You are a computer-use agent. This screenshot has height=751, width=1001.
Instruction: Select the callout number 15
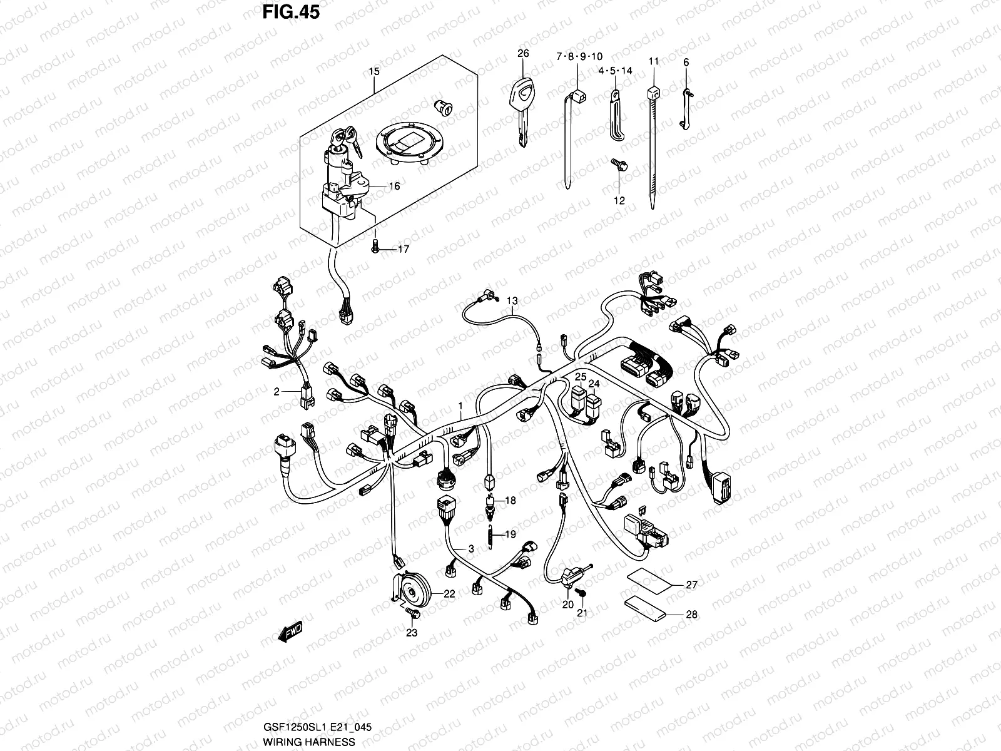(373, 72)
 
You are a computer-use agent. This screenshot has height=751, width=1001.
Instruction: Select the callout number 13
(512, 301)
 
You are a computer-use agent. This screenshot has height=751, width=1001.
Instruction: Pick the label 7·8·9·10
(579, 57)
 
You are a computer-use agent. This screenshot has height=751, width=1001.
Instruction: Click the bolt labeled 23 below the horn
(410, 611)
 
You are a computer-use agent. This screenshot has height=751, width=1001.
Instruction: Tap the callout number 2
(276, 392)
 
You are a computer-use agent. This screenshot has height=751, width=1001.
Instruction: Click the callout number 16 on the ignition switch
(394, 186)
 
